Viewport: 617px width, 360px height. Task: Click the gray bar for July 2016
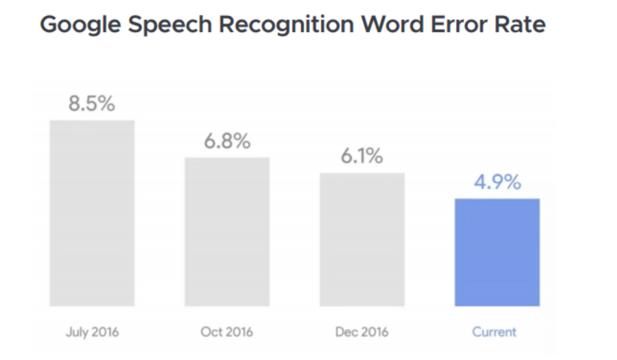tap(92, 213)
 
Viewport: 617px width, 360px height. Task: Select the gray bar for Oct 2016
tap(227, 232)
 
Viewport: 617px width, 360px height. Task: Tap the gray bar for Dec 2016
tap(362, 239)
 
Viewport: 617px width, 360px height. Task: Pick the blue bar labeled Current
tap(497, 253)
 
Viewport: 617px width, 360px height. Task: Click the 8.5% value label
tap(92, 104)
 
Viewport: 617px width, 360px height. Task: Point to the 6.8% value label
tap(227, 141)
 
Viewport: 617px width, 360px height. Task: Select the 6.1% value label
tap(362, 156)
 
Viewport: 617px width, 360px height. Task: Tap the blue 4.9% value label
tap(497, 182)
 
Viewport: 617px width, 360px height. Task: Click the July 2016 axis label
tap(92, 332)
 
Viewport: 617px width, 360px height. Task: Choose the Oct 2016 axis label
tap(227, 332)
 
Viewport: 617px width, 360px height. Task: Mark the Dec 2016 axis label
tap(362, 332)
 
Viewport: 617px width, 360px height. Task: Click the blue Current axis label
tap(494, 332)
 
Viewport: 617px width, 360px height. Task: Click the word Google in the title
tap(80, 25)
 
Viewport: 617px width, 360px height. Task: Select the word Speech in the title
tap(170, 25)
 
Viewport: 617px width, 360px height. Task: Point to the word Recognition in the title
tap(286, 25)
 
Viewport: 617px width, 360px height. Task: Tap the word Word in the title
tap(393, 24)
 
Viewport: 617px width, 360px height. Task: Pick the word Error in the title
tap(459, 24)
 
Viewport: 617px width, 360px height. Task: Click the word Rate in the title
tap(520, 24)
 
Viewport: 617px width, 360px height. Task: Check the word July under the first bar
tap(77, 332)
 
